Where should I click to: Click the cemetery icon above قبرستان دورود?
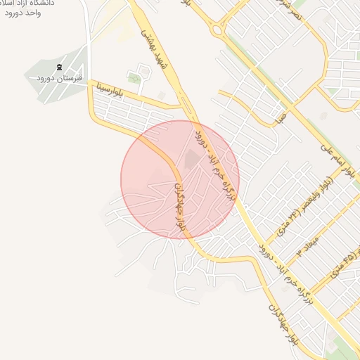coord(59,67)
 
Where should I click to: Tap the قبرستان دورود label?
coord(60,78)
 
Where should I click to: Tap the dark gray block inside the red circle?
coord(192,160)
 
